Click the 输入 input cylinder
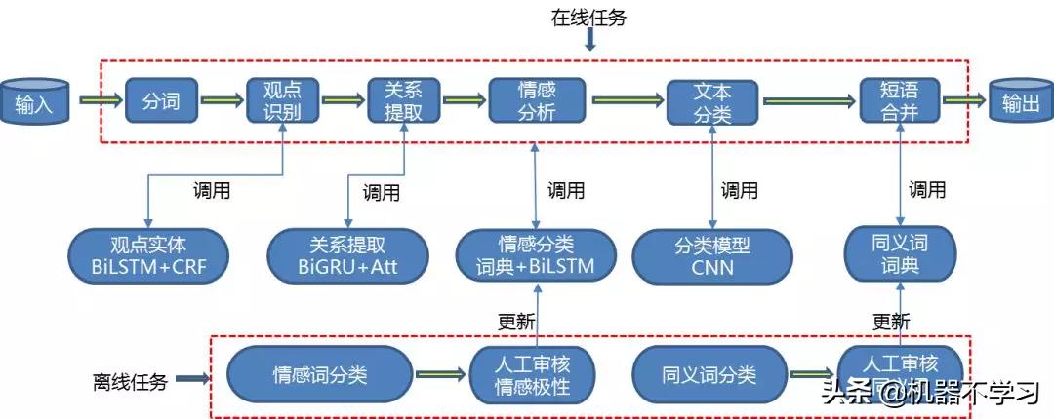point(35,101)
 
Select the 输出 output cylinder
point(1019,101)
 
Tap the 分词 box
point(161,99)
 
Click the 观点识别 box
point(282,99)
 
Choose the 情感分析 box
point(537,99)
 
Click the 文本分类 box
point(712,101)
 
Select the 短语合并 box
point(899,99)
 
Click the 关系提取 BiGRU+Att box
point(348,254)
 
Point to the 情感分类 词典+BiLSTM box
point(538,254)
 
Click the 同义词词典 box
point(897,254)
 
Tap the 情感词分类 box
point(320,375)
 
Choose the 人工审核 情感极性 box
point(533,375)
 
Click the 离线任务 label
point(132,381)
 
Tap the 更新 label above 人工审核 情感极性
point(516,321)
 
